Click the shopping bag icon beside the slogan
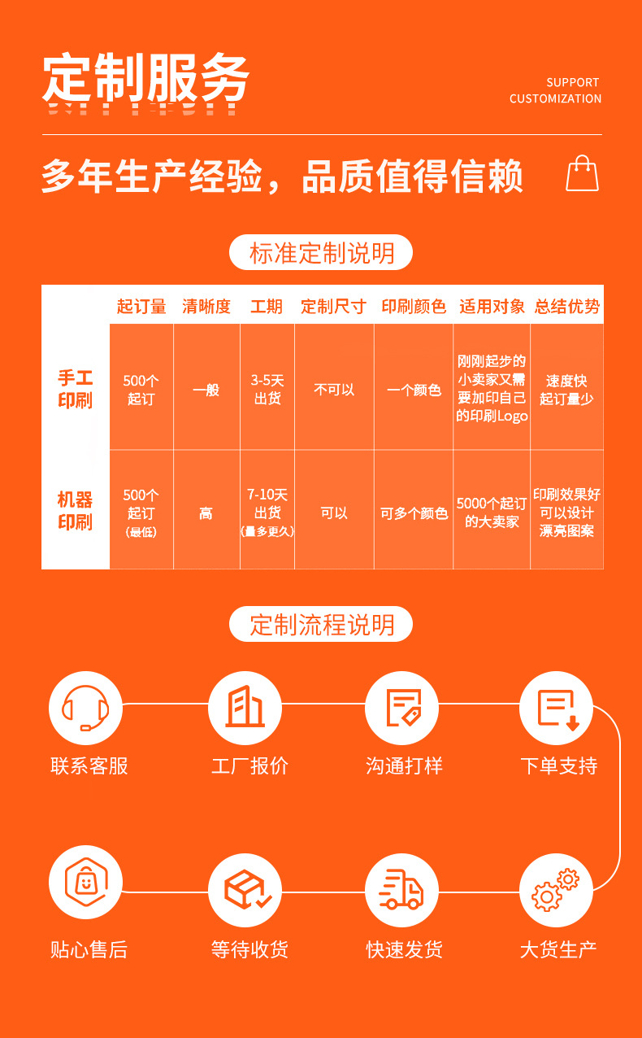point(582,173)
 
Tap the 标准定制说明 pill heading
point(321,253)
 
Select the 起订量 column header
point(141,307)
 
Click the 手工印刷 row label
point(76,389)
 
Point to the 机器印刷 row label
point(76,511)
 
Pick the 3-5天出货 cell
point(267,390)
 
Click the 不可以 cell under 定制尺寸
point(334,390)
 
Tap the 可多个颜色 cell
point(414,514)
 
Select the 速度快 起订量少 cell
point(566,390)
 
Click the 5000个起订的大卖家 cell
point(492,512)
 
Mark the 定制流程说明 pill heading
point(321,625)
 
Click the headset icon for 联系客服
point(85,708)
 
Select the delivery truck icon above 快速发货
point(401,891)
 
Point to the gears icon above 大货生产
point(556,891)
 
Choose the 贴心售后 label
point(89,949)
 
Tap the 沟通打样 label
point(404,765)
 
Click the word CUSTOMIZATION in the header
point(555,98)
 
